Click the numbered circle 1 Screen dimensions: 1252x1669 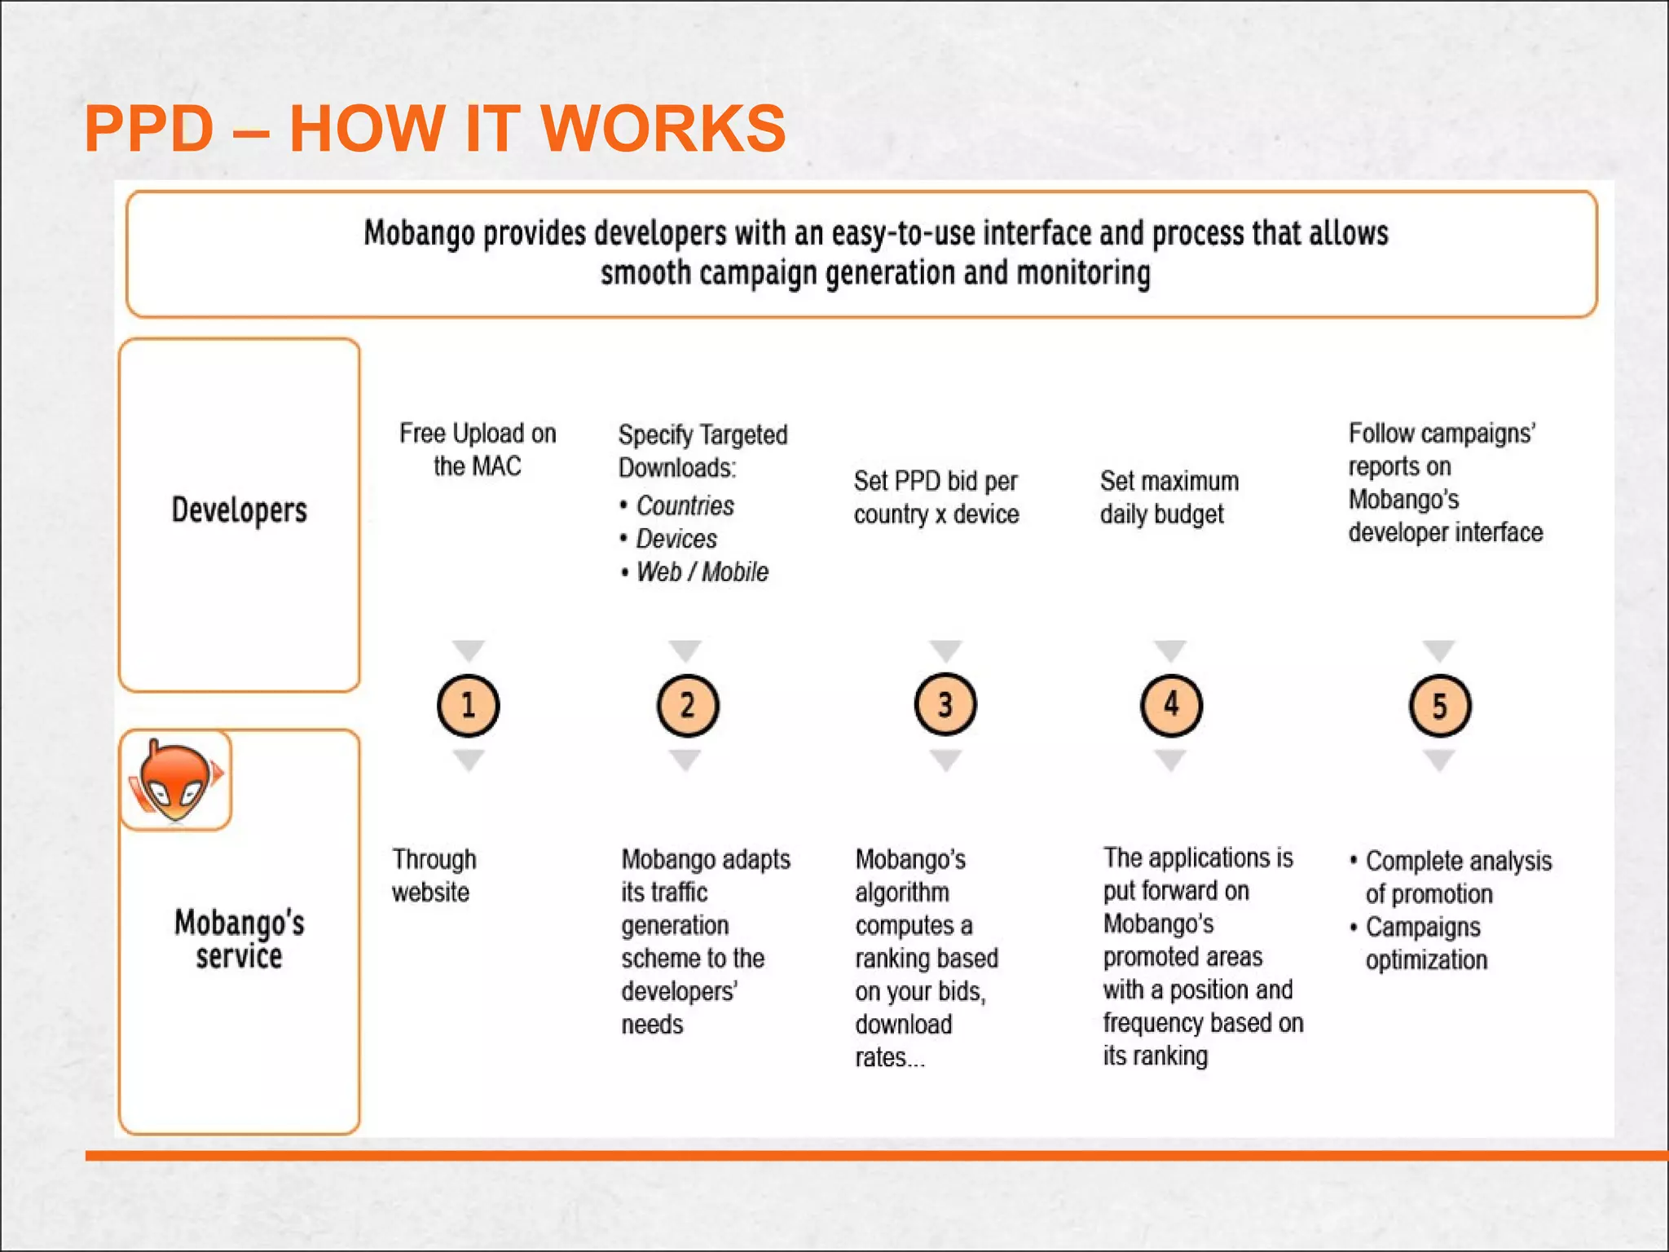pos(469,705)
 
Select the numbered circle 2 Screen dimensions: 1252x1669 pos(688,705)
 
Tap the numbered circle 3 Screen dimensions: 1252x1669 pos(945,704)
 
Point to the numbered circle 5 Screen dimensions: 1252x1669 pos(1440,705)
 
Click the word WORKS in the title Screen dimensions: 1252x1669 pos(663,129)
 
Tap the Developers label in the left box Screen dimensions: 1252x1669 pos(239,510)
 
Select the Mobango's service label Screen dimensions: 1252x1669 pos(239,939)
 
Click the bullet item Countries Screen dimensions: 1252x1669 pos(685,505)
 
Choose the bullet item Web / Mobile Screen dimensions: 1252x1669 pos(702,571)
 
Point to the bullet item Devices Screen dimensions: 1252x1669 pos(676,539)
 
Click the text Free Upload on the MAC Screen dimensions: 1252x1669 pos(478,449)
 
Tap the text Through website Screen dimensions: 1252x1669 pos(434,875)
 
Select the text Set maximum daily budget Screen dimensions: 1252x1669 pos(1169,497)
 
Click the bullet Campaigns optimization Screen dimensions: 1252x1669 pos(1425,943)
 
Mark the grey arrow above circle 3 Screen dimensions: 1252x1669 pos(945,650)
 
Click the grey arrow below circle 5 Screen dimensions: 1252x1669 pos(1439,760)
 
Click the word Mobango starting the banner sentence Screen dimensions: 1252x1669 pos(419,234)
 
